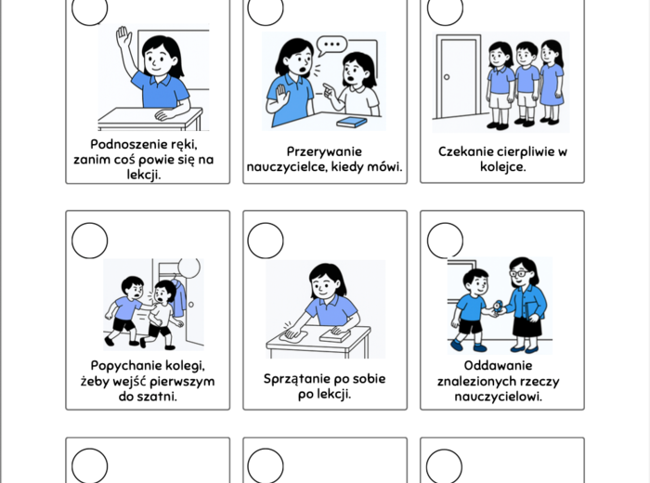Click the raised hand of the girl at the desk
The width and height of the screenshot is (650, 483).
(x=123, y=37)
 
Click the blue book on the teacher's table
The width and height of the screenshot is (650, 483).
(x=352, y=122)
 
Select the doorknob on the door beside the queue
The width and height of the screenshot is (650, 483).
(x=447, y=77)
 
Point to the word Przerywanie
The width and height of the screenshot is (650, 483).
(x=324, y=151)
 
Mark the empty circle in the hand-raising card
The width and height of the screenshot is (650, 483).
(x=89, y=8)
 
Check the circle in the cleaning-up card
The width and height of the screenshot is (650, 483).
(x=266, y=241)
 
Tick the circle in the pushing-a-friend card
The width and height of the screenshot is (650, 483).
(x=89, y=241)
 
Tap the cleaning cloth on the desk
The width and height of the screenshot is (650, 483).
(x=294, y=335)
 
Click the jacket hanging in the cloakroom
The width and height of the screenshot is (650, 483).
(x=179, y=297)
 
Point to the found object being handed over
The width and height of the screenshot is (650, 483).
(x=498, y=307)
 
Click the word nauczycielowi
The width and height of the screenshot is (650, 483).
(x=498, y=397)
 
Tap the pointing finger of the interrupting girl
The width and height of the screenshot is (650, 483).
(x=328, y=88)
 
